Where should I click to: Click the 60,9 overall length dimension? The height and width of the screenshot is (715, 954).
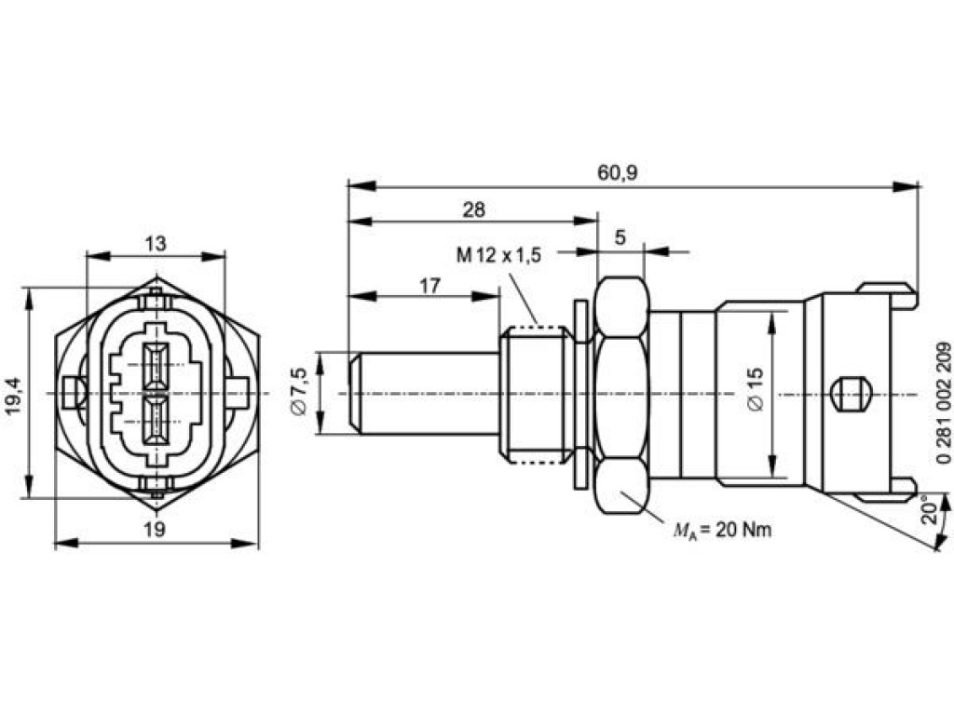[x=617, y=172]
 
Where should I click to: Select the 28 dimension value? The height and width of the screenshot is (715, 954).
[x=474, y=209]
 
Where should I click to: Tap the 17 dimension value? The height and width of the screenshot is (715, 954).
[x=429, y=285]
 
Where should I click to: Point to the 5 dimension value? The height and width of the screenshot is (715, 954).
[x=620, y=237]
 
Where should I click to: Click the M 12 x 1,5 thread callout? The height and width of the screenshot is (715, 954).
[x=499, y=255]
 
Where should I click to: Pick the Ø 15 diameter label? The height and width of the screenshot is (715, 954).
[x=755, y=390]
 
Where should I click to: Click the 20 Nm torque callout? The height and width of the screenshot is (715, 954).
[x=722, y=530]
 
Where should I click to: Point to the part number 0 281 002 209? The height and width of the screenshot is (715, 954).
[x=944, y=403]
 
